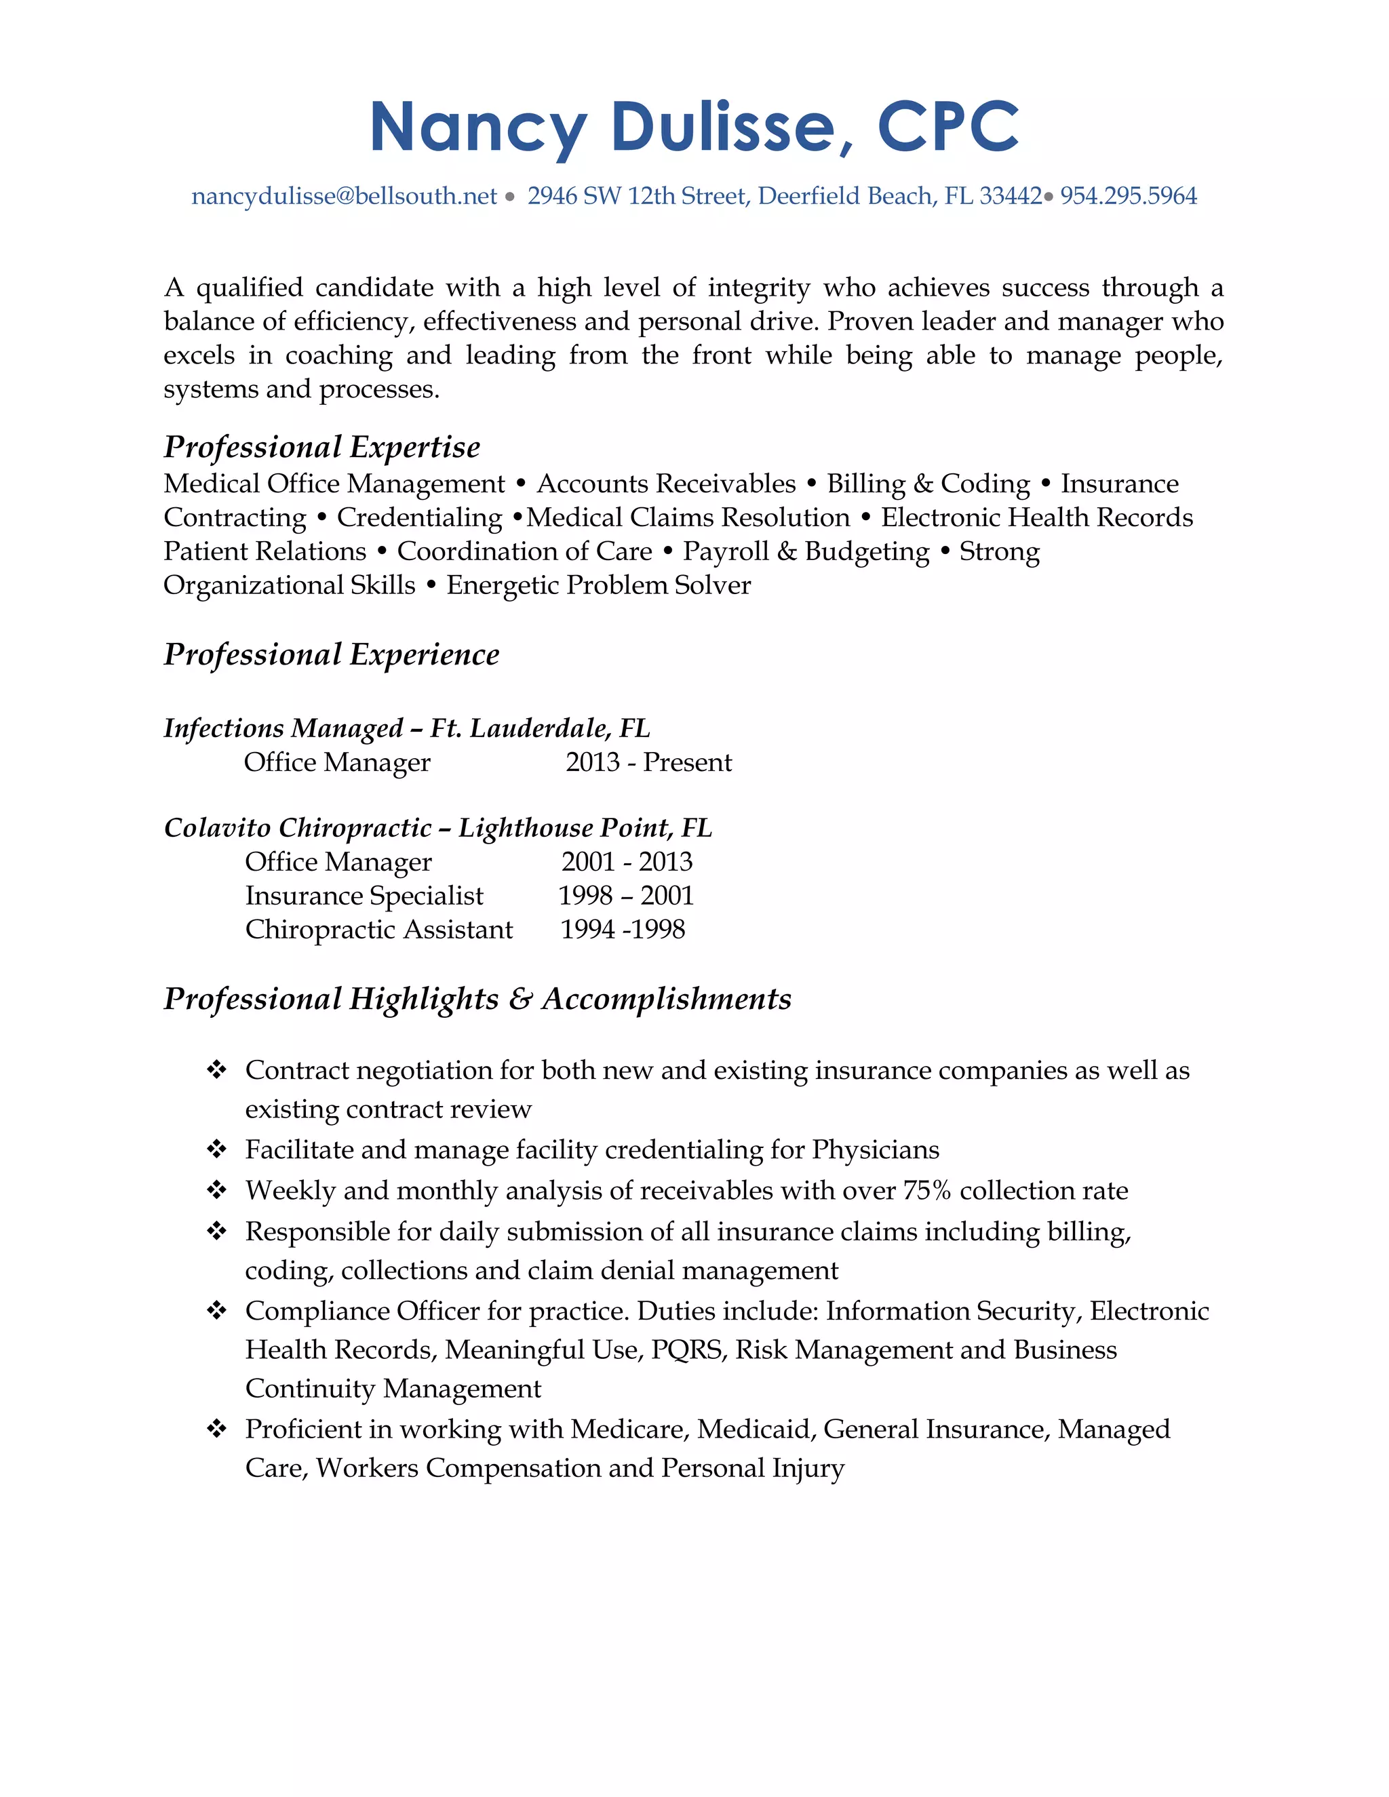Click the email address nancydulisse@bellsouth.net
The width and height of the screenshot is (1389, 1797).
(344, 196)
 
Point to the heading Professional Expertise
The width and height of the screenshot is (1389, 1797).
(321, 447)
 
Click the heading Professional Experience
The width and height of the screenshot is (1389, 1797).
(331, 654)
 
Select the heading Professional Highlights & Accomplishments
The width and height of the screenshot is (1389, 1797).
(477, 998)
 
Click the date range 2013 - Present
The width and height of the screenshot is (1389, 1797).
(648, 762)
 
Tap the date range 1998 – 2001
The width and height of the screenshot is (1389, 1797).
(625, 895)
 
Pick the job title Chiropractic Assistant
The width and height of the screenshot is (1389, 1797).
(378, 929)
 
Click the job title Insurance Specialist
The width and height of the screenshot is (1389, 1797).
(364, 895)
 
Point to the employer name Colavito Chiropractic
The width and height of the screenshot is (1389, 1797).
(298, 827)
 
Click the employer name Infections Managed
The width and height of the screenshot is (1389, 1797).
(283, 728)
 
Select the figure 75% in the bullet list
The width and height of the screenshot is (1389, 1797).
(926, 1191)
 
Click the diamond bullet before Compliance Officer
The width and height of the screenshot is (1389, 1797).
(216, 1311)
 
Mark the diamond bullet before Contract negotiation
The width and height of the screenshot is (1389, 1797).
(216, 1069)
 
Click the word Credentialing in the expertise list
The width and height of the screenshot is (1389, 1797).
(419, 517)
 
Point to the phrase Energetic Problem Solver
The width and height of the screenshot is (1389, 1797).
(598, 585)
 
